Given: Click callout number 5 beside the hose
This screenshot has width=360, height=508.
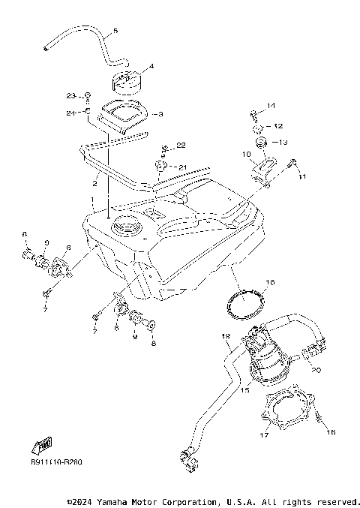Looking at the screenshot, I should tap(115, 32).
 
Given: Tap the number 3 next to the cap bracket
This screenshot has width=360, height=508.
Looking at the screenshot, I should tap(159, 114).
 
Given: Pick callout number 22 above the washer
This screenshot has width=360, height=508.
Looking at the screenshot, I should tap(181, 144).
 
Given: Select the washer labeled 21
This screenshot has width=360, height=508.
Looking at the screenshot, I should tap(161, 165).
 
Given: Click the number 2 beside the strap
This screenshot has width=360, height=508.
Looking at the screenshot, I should tap(96, 182).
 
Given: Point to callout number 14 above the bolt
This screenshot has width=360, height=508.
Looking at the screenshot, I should tap(271, 105).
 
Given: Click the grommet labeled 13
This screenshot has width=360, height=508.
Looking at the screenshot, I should tap(260, 142).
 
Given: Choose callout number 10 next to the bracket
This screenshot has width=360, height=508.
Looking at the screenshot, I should tap(244, 155).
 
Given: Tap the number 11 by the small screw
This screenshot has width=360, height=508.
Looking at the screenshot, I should tap(303, 177).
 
